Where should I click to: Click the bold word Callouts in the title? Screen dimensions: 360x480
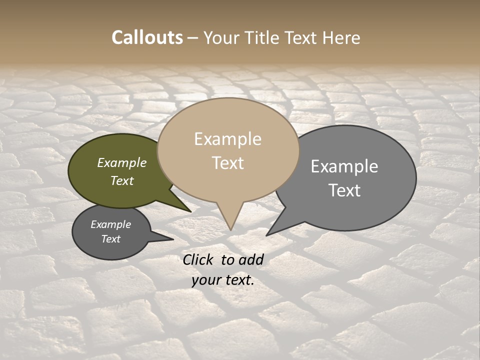(147, 37)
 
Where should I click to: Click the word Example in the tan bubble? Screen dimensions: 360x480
(227, 139)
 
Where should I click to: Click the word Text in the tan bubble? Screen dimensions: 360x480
(228, 163)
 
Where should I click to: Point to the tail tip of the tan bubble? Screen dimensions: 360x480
(230, 229)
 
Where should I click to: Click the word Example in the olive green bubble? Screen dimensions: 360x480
(122, 162)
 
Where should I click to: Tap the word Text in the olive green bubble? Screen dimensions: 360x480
(122, 180)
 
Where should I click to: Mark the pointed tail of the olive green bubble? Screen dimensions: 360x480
(190, 211)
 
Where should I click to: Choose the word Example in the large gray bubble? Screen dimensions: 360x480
(344, 166)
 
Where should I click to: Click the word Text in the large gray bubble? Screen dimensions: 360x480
(344, 190)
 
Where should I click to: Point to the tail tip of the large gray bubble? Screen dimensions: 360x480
(267, 235)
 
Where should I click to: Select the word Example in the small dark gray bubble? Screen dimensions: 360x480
(111, 224)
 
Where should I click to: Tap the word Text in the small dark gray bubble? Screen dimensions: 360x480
(111, 239)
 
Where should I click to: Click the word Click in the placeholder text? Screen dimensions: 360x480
(198, 259)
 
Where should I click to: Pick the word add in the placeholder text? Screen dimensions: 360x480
(251, 259)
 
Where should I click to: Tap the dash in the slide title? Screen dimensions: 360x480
(193, 38)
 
